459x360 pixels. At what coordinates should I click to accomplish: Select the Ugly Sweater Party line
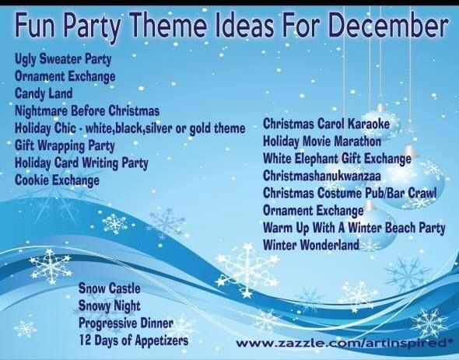(x=63, y=59)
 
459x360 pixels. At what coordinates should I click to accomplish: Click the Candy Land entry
(x=44, y=93)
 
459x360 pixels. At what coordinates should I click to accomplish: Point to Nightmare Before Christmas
(x=87, y=111)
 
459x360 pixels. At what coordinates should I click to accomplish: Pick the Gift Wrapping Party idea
(x=65, y=145)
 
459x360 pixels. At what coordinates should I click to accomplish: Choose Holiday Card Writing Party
(x=82, y=163)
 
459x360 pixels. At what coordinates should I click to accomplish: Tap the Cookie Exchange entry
(x=57, y=180)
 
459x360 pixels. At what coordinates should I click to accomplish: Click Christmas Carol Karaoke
(x=327, y=124)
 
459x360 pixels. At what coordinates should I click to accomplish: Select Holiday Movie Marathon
(x=322, y=141)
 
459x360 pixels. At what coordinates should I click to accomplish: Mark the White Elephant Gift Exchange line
(x=337, y=159)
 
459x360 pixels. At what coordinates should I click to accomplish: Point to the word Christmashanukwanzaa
(x=322, y=176)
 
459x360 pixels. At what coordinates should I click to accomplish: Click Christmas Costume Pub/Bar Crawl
(x=349, y=193)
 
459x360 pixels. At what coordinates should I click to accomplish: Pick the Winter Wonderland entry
(x=311, y=245)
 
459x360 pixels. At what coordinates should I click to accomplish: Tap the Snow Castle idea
(x=109, y=288)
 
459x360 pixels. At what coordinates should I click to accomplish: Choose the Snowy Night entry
(x=109, y=306)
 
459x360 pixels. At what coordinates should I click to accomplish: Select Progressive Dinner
(x=126, y=323)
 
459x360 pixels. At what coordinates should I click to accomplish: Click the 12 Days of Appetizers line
(x=134, y=340)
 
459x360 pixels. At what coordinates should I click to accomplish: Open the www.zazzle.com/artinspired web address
(x=342, y=343)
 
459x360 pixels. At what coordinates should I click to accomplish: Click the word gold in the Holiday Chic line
(x=200, y=128)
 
